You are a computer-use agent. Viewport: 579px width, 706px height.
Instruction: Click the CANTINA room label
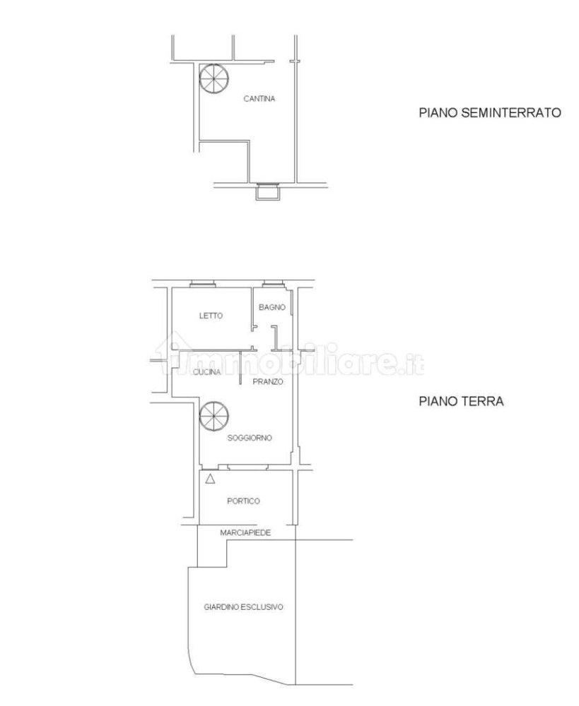[x=259, y=99]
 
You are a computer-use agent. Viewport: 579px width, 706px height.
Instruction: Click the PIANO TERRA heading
[x=460, y=401]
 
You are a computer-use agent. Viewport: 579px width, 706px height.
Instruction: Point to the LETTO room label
[x=211, y=316]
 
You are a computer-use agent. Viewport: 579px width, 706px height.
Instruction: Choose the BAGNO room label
[x=271, y=307]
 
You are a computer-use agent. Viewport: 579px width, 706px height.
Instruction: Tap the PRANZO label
[x=269, y=381]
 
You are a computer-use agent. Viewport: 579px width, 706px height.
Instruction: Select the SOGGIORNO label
[x=250, y=438]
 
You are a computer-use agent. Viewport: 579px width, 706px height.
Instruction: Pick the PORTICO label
[x=243, y=501]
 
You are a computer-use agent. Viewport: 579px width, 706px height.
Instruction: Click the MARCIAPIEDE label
[x=245, y=532]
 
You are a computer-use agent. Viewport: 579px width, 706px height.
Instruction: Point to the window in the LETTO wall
[x=203, y=285]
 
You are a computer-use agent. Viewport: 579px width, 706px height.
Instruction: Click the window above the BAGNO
[x=271, y=285]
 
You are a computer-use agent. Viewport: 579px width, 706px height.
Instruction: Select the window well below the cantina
[x=267, y=191]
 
